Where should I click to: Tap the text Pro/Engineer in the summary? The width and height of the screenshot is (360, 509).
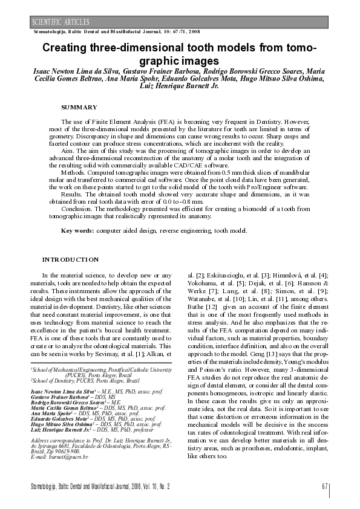274,187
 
